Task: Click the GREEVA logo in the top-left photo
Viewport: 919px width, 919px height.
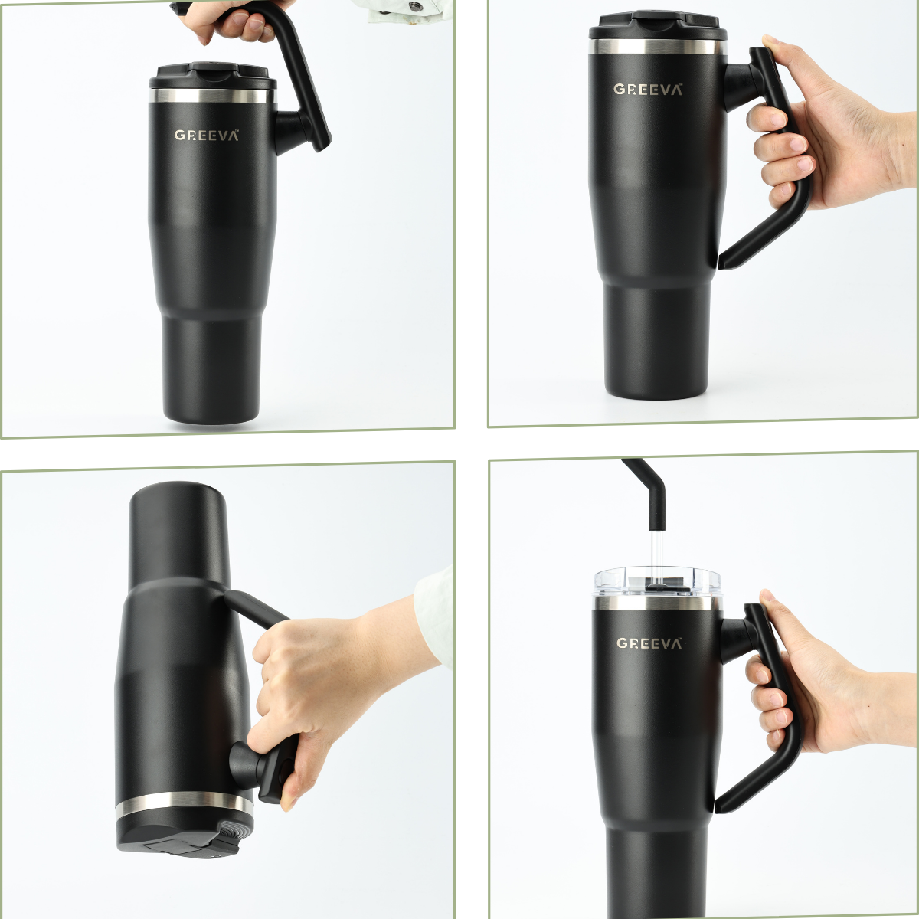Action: point(207,136)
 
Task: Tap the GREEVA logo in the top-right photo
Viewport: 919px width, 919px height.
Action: point(648,89)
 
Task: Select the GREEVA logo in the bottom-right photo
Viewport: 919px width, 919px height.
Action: point(649,643)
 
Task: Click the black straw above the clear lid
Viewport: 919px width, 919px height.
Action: point(647,496)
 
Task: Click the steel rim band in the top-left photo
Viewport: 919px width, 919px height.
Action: point(213,96)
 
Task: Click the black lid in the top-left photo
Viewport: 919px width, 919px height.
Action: point(213,77)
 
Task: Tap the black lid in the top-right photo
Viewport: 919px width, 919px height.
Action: point(654,25)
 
